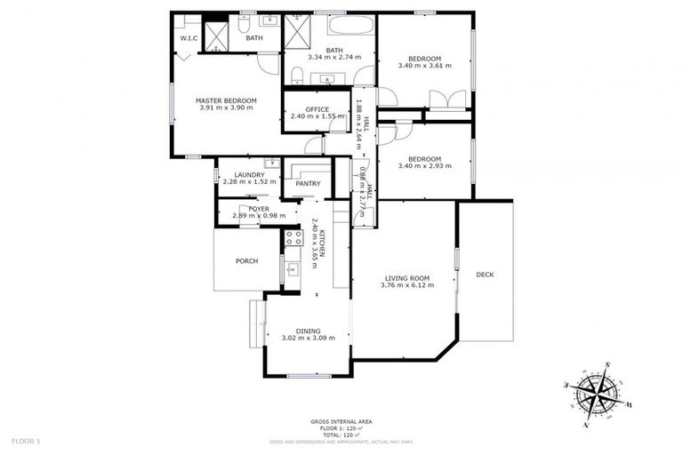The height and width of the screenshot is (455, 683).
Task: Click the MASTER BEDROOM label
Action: [x=226, y=101]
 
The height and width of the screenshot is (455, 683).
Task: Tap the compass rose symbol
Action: [x=593, y=392]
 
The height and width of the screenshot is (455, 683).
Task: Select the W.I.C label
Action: [x=189, y=38]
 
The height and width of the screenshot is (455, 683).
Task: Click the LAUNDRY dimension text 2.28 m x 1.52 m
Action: [x=244, y=181]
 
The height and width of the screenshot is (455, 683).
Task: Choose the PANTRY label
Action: [x=308, y=184]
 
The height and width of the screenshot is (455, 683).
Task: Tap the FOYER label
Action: [x=259, y=208]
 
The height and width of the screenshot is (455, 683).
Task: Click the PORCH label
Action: [x=246, y=261]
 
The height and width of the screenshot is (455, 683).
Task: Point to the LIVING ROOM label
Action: [x=406, y=278]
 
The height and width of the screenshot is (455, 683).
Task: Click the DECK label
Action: [x=485, y=275]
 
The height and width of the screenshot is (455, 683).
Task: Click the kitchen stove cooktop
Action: [x=293, y=237]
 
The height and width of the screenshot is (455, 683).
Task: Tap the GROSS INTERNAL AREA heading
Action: [x=341, y=420]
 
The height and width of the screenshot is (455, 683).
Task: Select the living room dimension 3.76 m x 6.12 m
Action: [x=406, y=285]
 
